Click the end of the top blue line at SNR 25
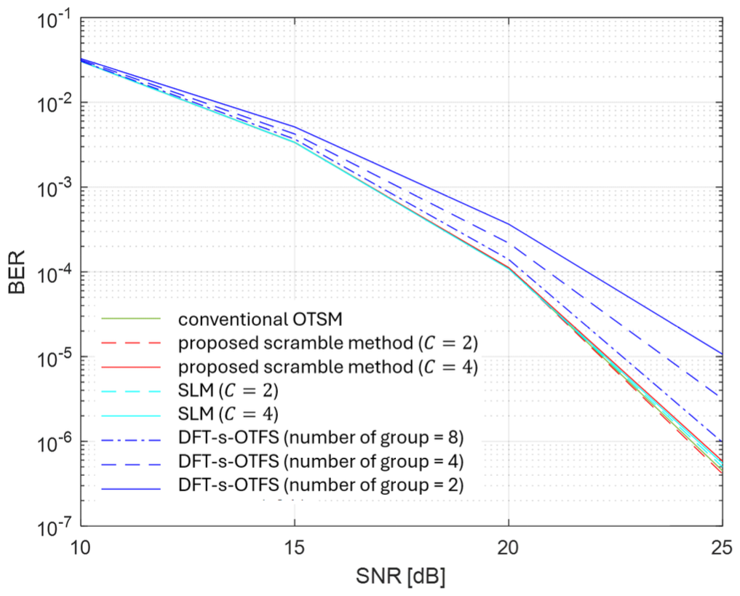pos(721,354)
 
